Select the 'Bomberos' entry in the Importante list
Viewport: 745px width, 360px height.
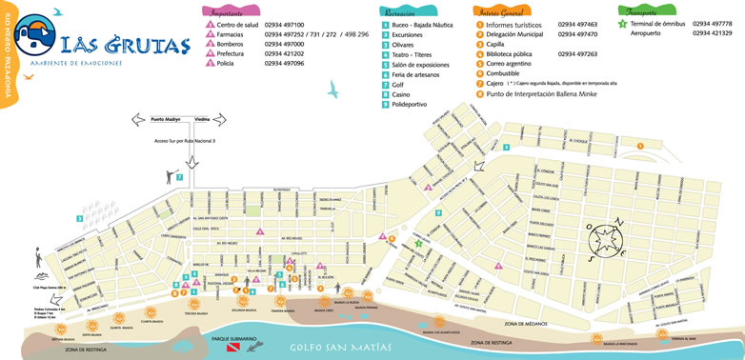pyautogui.click(x=231, y=44)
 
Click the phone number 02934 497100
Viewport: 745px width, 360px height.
pyautogui.click(x=285, y=25)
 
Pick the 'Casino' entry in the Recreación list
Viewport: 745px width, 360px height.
pyautogui.click(x=401, y=94)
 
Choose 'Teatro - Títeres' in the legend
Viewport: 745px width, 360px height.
pyautogui.click(x=412, y=54)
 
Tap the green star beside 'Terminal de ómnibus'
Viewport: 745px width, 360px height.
pyautogui.click(x=622, y=23)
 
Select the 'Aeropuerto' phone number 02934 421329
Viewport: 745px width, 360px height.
pyautogui.click(x=712, y=33)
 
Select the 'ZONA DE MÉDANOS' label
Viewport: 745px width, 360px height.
pyautogui.click(x=529, y=324)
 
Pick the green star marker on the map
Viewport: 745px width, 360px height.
pyautogui.click(x=418, y=243)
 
